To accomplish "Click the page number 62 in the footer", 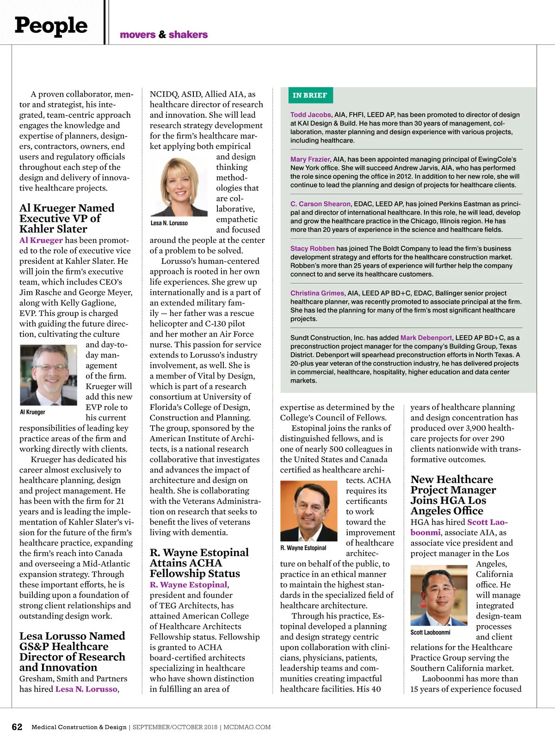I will [x=17, y=727].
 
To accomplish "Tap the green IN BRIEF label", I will [x=309, y=95].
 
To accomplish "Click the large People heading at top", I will [x=51, y=25].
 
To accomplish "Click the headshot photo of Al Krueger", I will [x=49, y=375].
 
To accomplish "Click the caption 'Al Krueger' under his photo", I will [x=32, y=412].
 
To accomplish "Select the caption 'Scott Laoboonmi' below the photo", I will [x=430, y=632].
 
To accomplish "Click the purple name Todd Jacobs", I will [x=310, y=115].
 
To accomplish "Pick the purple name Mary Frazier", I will [x=310, y=159].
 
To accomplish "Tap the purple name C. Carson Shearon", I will [x=321, y=204].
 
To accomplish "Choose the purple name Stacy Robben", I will [x=312, y=248].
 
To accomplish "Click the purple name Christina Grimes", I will [x=317, y=293].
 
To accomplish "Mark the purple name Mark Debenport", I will [x=426, y=338].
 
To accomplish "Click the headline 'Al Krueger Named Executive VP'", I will [x=67, y=218].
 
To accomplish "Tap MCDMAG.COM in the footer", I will [x=247, y=727].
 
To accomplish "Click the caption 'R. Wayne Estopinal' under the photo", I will [x=303, y=548].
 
